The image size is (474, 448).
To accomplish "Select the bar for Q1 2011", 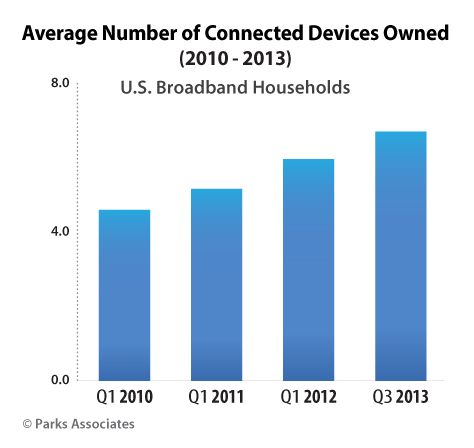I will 214,285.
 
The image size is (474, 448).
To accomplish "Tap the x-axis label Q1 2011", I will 214,398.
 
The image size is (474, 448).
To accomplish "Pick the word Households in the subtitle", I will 298,88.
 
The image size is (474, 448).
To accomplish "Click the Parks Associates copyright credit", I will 72,424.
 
